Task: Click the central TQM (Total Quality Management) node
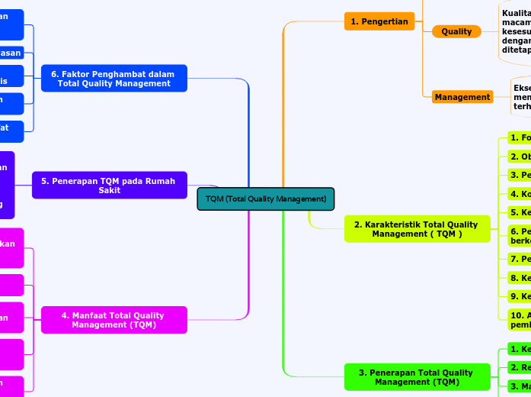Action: [x=266, y=198]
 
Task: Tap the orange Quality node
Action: [x=456, y=31]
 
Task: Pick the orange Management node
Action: [x=462, y=97]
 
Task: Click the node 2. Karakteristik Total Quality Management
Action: [x=416, y=229]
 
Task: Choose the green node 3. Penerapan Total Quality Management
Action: [x=416, y=377]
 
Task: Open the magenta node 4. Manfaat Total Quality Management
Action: [x=114, y=320]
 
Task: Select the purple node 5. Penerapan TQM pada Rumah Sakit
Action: [x=109, y=185]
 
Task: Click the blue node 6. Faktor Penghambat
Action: [x=114, y=79]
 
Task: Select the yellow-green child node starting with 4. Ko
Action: [x=520, y=193]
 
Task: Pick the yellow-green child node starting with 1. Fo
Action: [x=520, y=137]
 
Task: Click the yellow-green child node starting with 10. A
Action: [x=520, y=319]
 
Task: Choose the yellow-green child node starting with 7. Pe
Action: [x=520, y=259]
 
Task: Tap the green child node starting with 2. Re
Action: [x=520, y=367]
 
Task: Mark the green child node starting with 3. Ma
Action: [x=520, y=386]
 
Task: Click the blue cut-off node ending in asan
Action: [x=11, y=52]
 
